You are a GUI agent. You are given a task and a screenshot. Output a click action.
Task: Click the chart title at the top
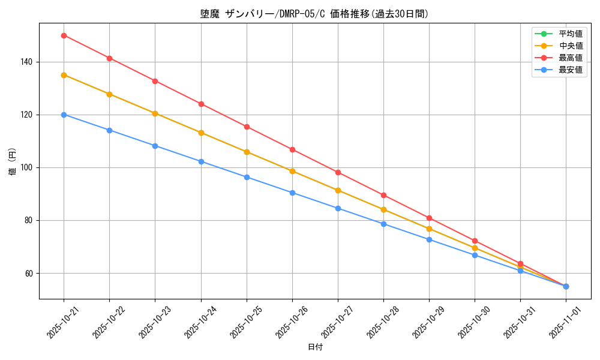coord(314,14)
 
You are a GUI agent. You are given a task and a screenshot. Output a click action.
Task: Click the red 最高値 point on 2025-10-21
coord(64,35)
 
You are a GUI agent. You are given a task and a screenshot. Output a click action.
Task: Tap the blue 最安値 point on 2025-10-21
coord(64,115)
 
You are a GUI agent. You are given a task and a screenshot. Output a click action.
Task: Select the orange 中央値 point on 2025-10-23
coord(155,113)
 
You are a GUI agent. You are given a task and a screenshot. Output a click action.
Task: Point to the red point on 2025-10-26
coord(292,149)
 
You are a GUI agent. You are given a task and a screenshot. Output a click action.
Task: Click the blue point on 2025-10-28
coord(383,224)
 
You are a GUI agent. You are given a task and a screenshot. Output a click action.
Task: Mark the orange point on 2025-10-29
coord(429,229)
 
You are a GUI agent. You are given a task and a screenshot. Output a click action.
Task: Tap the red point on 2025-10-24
coord(201,104)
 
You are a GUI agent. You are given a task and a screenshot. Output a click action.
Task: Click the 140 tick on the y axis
coord(28,62)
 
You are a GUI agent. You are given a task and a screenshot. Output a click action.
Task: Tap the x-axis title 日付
coord(314,347)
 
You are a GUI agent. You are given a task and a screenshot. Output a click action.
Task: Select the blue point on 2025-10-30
coord(475,255)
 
